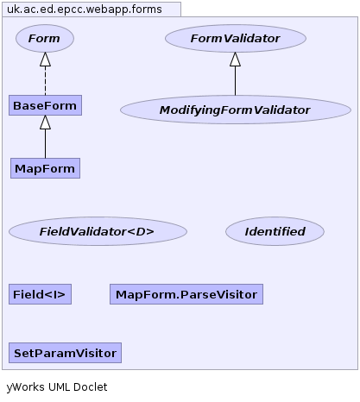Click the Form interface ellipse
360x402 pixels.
[45, 38]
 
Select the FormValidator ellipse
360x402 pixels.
[236, 38]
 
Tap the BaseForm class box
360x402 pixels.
[45, 105]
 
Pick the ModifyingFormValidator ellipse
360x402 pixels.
[236, 110]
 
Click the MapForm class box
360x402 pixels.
[45, 168]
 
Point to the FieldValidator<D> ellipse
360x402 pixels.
[98, 231]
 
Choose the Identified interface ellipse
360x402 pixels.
[275, 231]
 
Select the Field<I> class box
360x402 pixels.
[40, 294]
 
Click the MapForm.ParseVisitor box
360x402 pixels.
[186, 294]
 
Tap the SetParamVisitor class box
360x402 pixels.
[65, 353]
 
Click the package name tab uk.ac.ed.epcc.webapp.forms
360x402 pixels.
[92, 9]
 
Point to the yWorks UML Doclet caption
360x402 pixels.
[57, 387]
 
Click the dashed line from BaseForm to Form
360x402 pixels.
[45, 81]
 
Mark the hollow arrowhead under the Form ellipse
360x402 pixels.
[45, 60]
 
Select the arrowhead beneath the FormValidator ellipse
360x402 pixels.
[235, 60]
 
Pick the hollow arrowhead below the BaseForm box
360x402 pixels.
[45, 122]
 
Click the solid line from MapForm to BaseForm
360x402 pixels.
[45, 143]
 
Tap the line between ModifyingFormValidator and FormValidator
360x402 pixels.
[235, 81]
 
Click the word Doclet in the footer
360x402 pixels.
[91, 386]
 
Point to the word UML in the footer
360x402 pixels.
[60, 386]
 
